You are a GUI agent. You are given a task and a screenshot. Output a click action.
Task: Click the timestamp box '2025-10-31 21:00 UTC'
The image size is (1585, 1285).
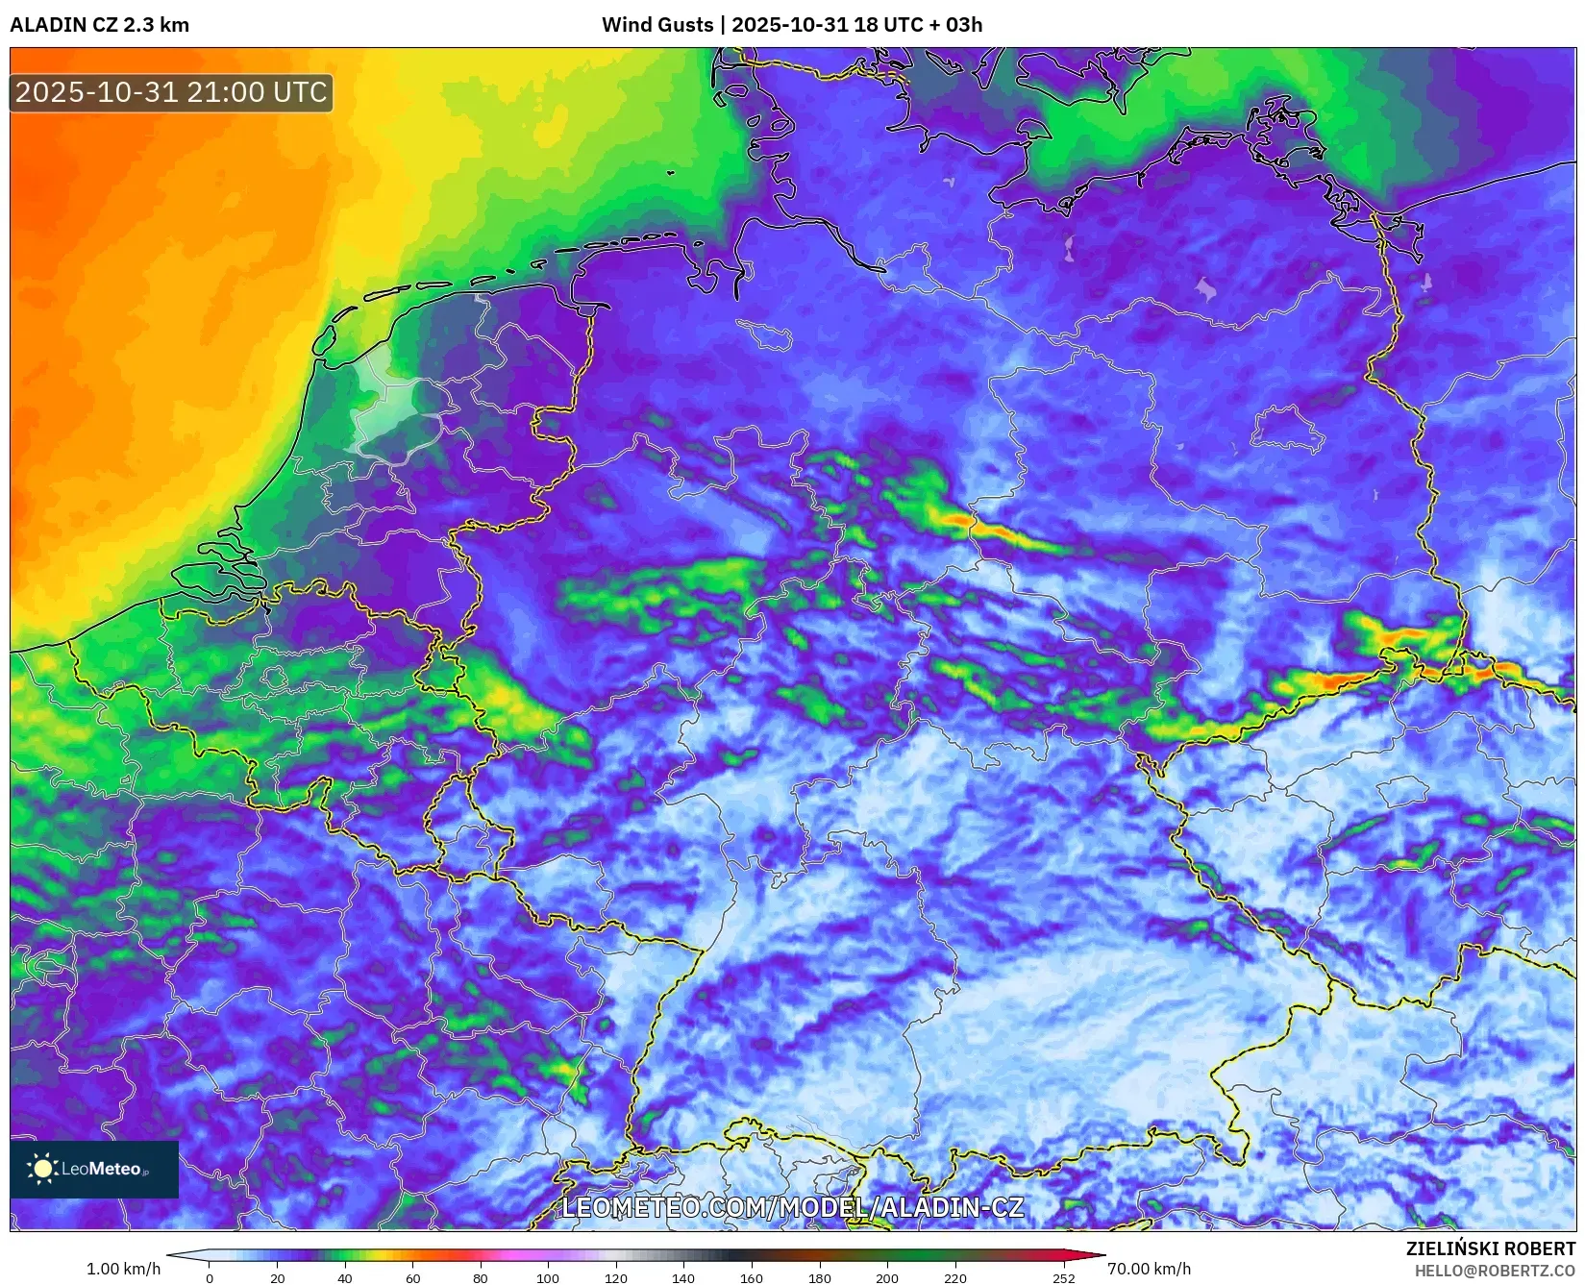click(x=171, y=92)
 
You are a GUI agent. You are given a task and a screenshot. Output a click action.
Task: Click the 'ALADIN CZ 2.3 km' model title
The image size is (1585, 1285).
click(x=99, y=25)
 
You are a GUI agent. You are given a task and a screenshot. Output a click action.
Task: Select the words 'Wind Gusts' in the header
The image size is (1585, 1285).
click(x=657, y=25)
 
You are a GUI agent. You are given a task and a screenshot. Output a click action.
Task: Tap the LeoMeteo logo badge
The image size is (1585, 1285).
click(x=94, y=1169)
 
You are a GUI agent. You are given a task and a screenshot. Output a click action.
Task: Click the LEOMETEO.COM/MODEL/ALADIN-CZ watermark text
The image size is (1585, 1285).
click(x=792, y=1208)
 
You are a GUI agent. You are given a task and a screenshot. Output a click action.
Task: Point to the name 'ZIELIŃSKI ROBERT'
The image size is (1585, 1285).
click(x=1490, y=1249)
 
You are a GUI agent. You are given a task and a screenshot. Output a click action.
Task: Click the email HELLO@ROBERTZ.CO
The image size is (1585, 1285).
click(x=1495, y=1271)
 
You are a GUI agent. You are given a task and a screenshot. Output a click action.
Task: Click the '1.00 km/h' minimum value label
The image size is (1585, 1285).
click(x=123, y=1269)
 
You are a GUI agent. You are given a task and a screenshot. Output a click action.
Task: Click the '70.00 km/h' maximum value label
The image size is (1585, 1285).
click(x=1149, y=1269)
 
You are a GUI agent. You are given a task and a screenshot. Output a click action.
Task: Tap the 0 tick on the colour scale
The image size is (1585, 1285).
click(x=210, y=1278)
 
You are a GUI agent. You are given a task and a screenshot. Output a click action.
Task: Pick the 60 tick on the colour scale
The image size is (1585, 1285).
click(x=412, y=1278)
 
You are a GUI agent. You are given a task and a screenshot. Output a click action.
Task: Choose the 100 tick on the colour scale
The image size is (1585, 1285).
click(x=548, y=1278)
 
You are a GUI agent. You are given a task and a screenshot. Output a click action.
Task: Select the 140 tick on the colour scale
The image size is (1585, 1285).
click(x=683, y=1278)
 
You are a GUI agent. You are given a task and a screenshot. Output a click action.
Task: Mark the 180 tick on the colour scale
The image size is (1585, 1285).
click(x=819, y=1278)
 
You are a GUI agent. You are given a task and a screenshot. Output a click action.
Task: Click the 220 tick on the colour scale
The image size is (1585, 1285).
click(x=954, y=1278)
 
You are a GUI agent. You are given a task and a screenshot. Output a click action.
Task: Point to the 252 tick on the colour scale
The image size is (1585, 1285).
click(x=1063, y=1278)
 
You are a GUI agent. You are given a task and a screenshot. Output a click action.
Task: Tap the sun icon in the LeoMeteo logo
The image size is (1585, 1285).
click(x=43, y=1169)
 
